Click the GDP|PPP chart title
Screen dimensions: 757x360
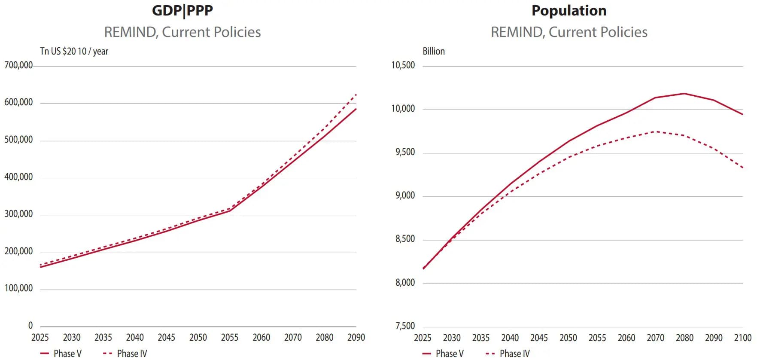[182, 10]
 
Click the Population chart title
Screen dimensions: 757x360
[569, 10]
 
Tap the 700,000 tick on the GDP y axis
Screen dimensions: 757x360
[18, 65]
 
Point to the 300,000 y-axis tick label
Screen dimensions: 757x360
[18, 214]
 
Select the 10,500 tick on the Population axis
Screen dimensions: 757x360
[403, 65]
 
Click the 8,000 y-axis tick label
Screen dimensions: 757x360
[405, 283]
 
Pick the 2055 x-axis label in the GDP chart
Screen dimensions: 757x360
[230, 338]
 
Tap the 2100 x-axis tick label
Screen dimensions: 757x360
[743, 338]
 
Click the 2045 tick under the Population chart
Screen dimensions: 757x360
[539, 338]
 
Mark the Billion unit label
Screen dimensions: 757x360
[434, 51]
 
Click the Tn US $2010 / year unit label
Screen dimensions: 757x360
[74, 51]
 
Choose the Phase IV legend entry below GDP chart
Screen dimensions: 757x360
[125, 354]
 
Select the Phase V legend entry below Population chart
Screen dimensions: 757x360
[443, 354]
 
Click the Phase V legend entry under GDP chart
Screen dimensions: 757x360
[61, 354]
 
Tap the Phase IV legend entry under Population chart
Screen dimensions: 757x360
[508, 354]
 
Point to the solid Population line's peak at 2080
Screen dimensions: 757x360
[684, 93]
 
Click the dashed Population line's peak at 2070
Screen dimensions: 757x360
[656, 131]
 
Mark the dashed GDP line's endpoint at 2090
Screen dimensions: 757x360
[356, 95]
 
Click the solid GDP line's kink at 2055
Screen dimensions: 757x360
[230, 211]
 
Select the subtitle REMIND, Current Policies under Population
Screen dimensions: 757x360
[569, 32]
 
